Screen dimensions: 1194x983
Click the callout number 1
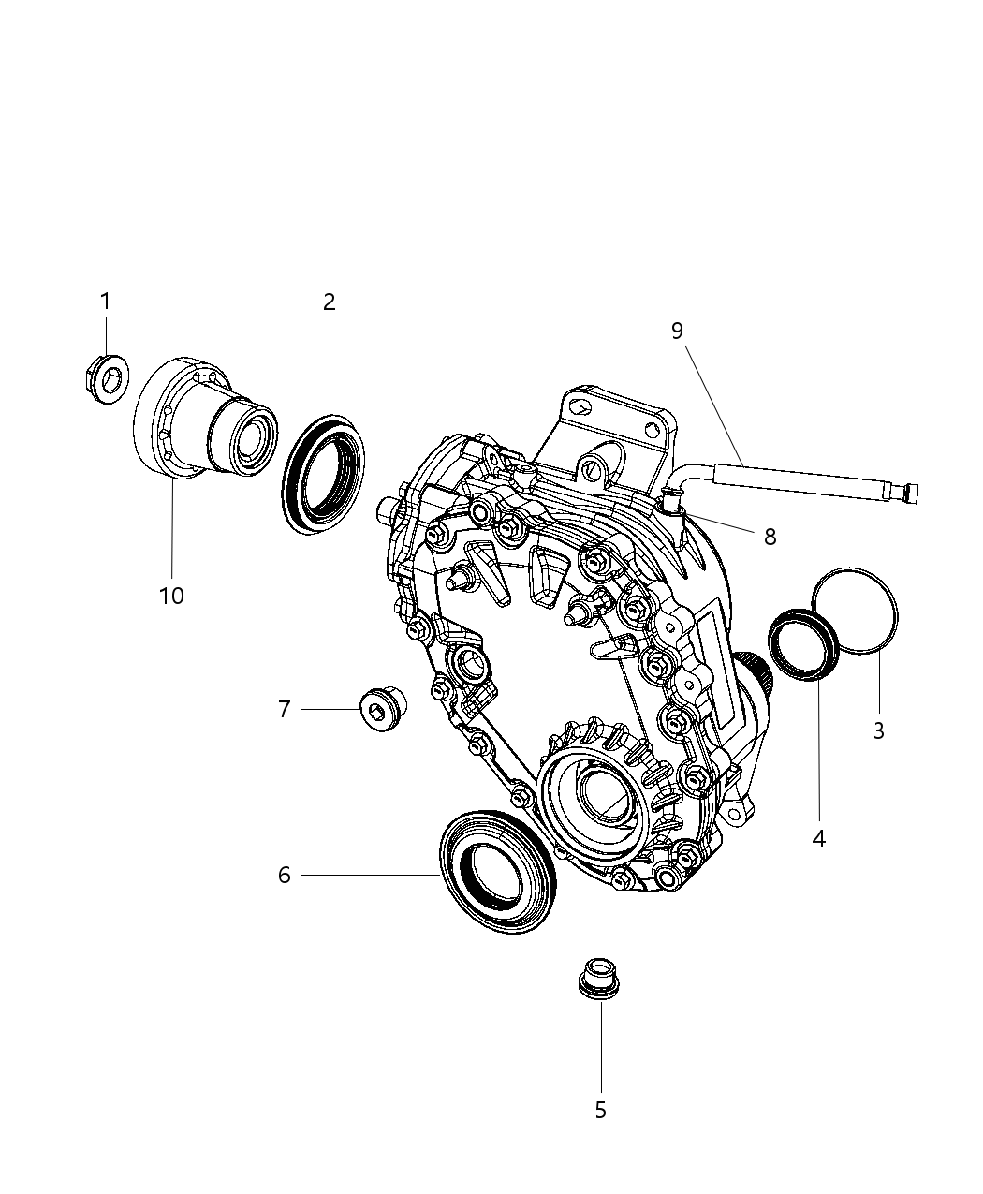click(105, 302)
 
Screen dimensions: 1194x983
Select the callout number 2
click(330, 302)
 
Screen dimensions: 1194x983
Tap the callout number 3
click(878, 730)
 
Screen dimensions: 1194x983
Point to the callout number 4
click(818, 838)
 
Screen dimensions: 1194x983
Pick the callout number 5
click(600, 1110)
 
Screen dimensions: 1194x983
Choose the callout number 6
click(285, 875)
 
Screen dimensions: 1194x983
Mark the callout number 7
click(285, 710)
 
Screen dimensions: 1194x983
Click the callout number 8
click(770, 537)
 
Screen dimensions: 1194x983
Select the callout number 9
click(677, 330)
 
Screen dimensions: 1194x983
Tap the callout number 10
click(171, 596)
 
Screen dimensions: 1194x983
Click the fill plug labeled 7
click(381, 710)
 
